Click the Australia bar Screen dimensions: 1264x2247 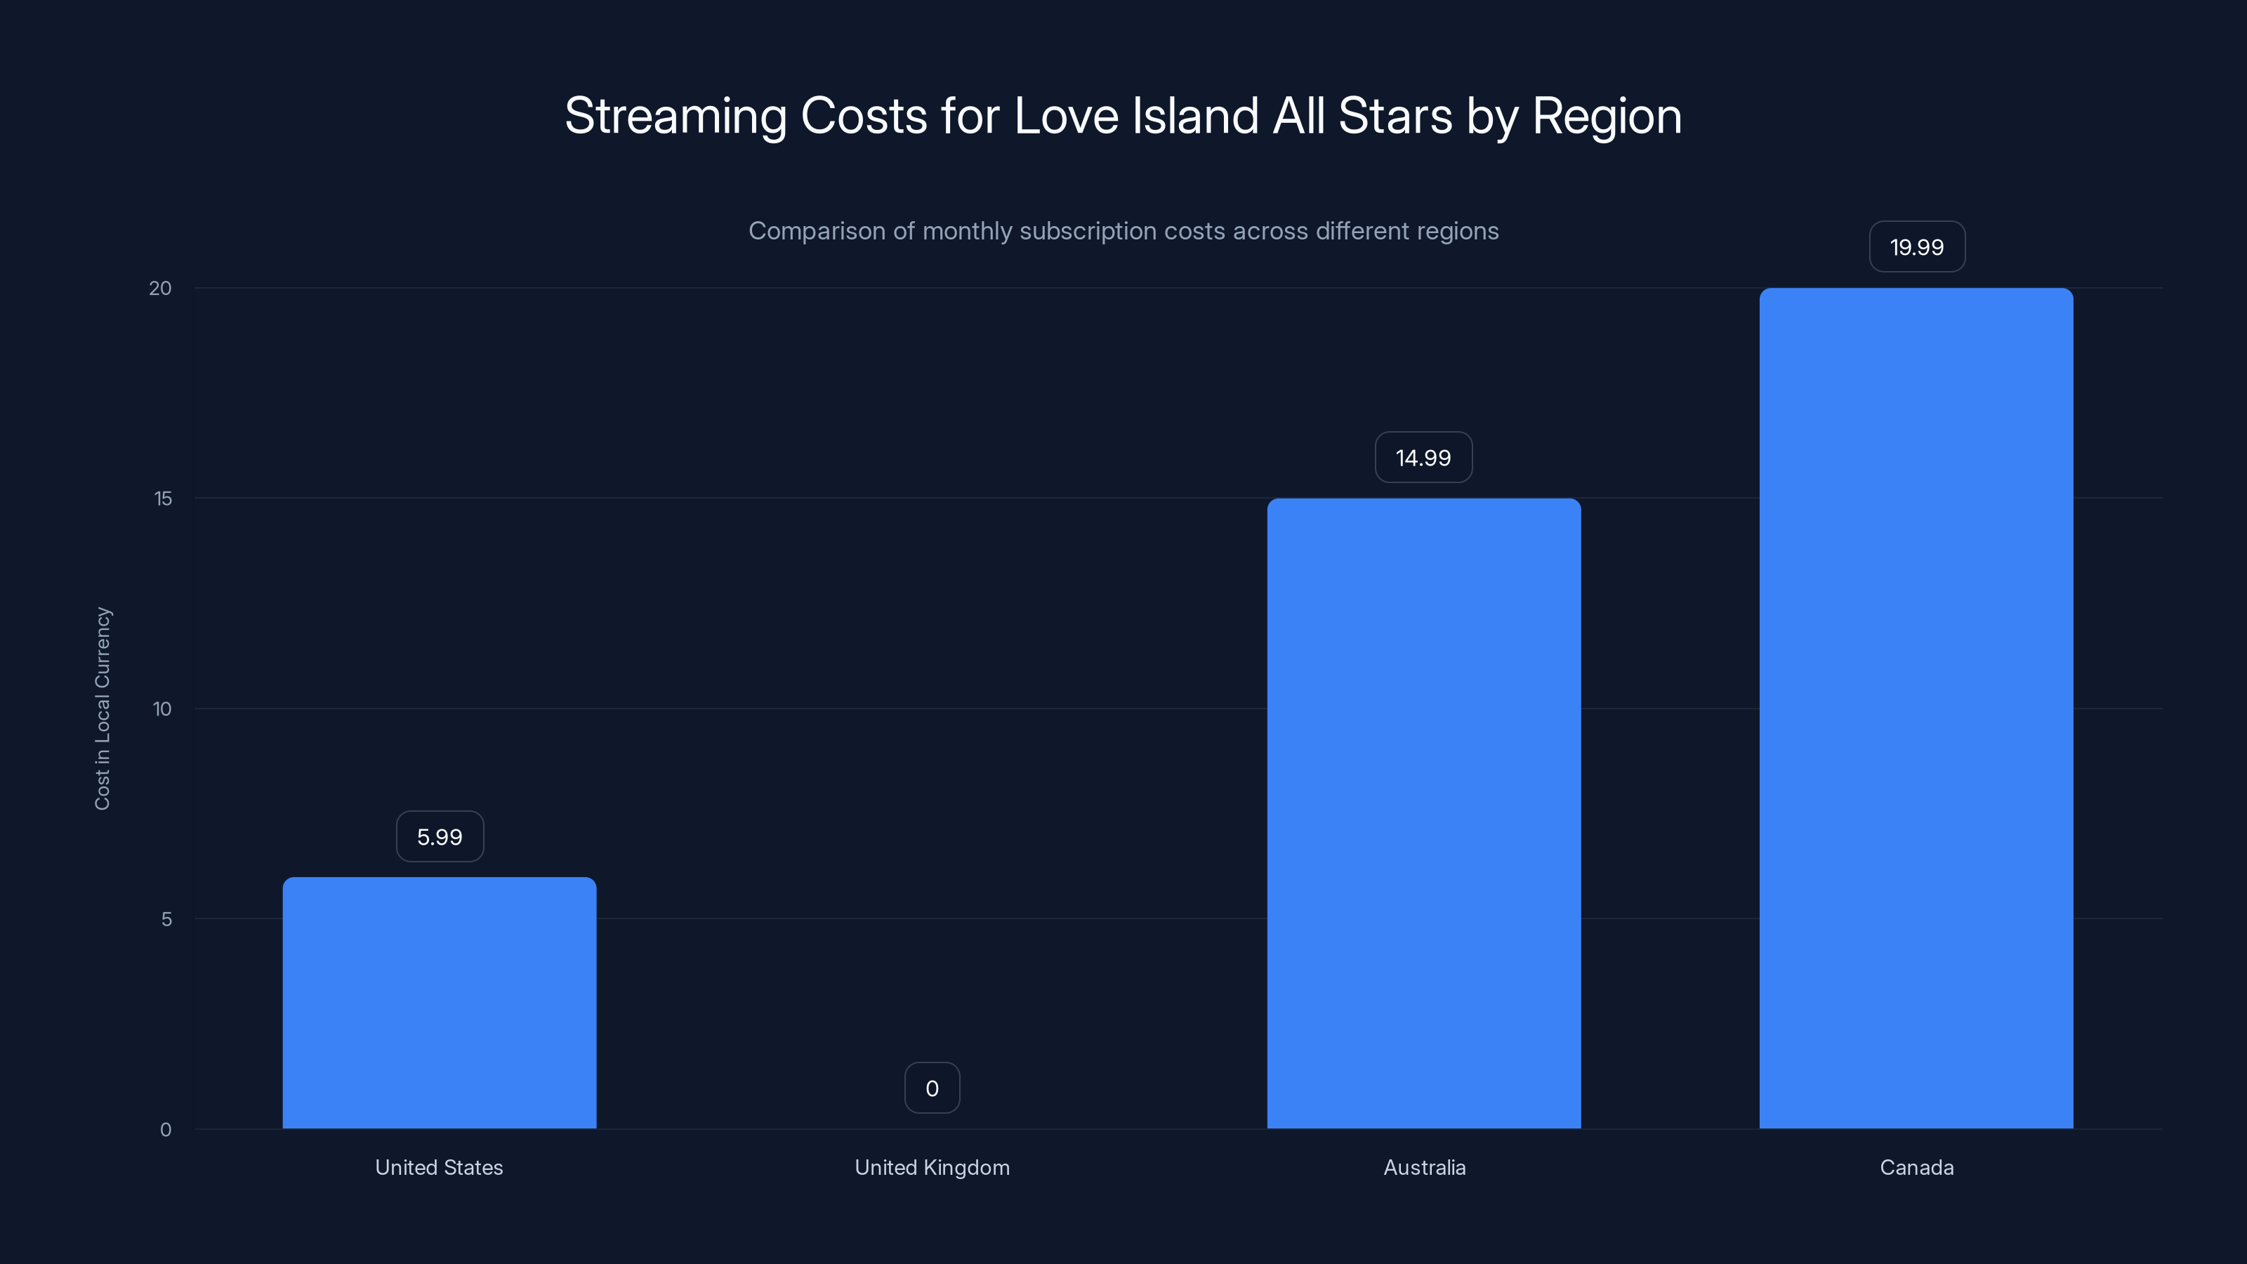1423,813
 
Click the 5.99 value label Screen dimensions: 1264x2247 440,836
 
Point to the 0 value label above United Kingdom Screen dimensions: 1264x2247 932,1088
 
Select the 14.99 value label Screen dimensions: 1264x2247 1423,457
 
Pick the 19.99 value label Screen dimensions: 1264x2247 1916,247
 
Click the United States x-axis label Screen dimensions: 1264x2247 439,1167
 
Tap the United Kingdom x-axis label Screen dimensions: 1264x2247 932,1167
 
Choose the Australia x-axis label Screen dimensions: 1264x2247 1423,1167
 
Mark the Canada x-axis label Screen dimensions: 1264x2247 1916,1167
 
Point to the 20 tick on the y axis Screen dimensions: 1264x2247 161,288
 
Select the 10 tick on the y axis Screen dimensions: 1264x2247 162,709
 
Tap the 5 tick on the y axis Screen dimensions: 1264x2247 166,919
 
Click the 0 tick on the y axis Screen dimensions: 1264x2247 166,1130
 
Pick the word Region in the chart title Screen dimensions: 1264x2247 1607,116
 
